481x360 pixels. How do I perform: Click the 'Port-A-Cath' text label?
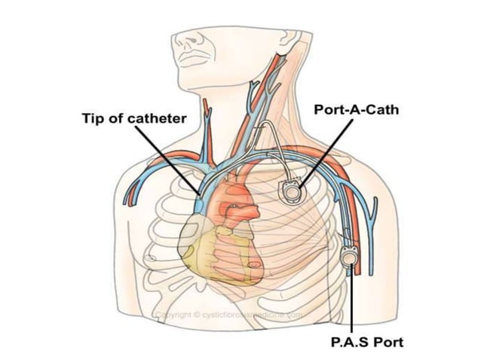[356, 109]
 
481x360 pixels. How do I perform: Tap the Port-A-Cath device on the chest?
[291, 191]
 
